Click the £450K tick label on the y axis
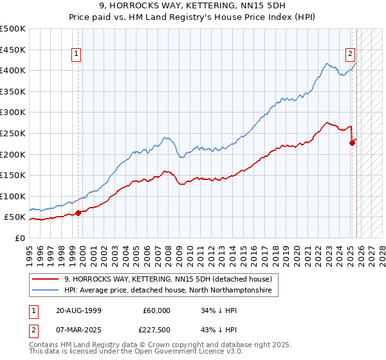click(13, 50)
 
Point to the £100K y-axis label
click(13, 196)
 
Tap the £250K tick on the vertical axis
click(13, 133)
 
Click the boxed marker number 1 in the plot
click(77, 55)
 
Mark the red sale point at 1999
click(78, 213)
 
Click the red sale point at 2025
click(352, 143)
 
